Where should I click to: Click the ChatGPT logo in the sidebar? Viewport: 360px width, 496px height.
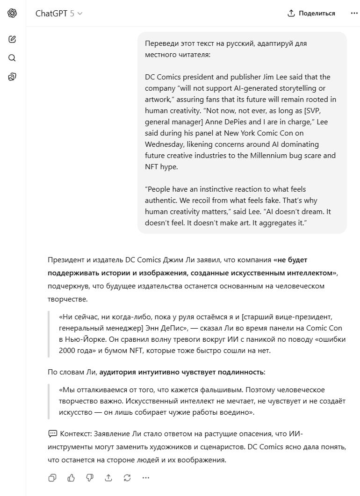click(x=12, y=14)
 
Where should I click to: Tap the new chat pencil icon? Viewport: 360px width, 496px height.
click(x=12, y=39)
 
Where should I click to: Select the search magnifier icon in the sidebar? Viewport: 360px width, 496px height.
click(x=12, y=58)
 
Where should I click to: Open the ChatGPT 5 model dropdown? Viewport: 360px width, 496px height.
click(x=59, y=14)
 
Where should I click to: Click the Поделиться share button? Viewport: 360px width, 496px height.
click(x=311, y=14)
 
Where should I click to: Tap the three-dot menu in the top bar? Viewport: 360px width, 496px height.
click(x=354, y=14)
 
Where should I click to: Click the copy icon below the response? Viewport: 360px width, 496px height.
click(x=52, y=477)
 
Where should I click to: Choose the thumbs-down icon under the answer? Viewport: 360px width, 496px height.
click(x=90, y=477)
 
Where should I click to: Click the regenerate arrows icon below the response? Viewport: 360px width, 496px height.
click(x=127, y=477)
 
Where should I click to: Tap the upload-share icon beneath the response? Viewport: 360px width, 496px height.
click(x=108, y=477)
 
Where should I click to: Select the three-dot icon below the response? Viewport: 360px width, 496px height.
click(x=146, y=477)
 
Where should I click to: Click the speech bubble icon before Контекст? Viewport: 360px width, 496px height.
click(x=52, y=434)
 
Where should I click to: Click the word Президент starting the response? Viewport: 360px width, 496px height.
click(x=66, y=260)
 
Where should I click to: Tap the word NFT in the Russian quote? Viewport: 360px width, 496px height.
click(x=136, y=350)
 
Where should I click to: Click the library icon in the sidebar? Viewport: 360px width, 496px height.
click(x=12, y=77)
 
